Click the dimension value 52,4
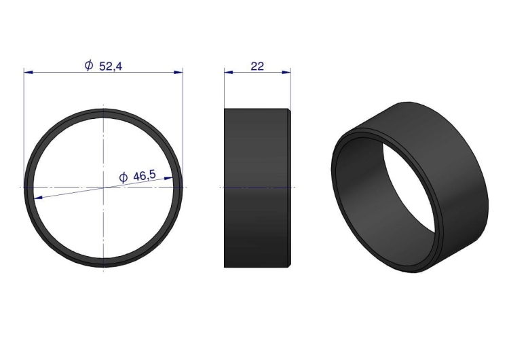coord(111,67)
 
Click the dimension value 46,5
coord(145,176)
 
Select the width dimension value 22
coord(257,67)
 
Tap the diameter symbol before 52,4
coord(89,65)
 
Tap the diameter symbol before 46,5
coord(124,178)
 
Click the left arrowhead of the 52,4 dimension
coord(29,72)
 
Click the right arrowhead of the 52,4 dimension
coord(178,72)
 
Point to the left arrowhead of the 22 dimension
coord(229,72)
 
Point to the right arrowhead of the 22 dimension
coord(286,72)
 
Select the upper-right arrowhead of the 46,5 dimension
coord(168,178)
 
